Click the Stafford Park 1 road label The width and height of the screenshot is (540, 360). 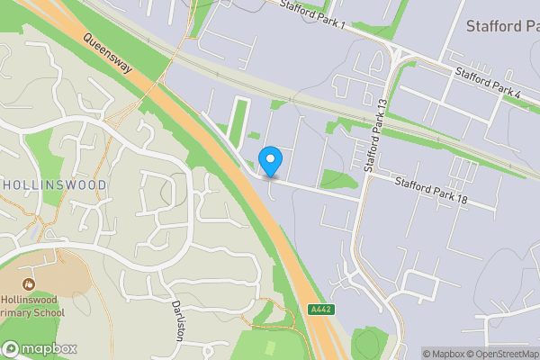point(312,14)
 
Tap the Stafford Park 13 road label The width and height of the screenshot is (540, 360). point(374,135)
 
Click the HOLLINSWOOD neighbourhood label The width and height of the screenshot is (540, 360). point(54,185)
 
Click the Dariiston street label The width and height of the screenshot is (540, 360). point(178,318)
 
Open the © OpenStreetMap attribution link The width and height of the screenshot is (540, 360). point(499,354)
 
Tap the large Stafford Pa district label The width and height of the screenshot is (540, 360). point(502,26)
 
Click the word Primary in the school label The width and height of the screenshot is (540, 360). point(20,312)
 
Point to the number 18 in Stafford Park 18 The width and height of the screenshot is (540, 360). point(460,199)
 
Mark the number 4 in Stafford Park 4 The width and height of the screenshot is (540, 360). point(517,91)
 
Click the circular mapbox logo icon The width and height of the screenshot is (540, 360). point(11,348)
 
